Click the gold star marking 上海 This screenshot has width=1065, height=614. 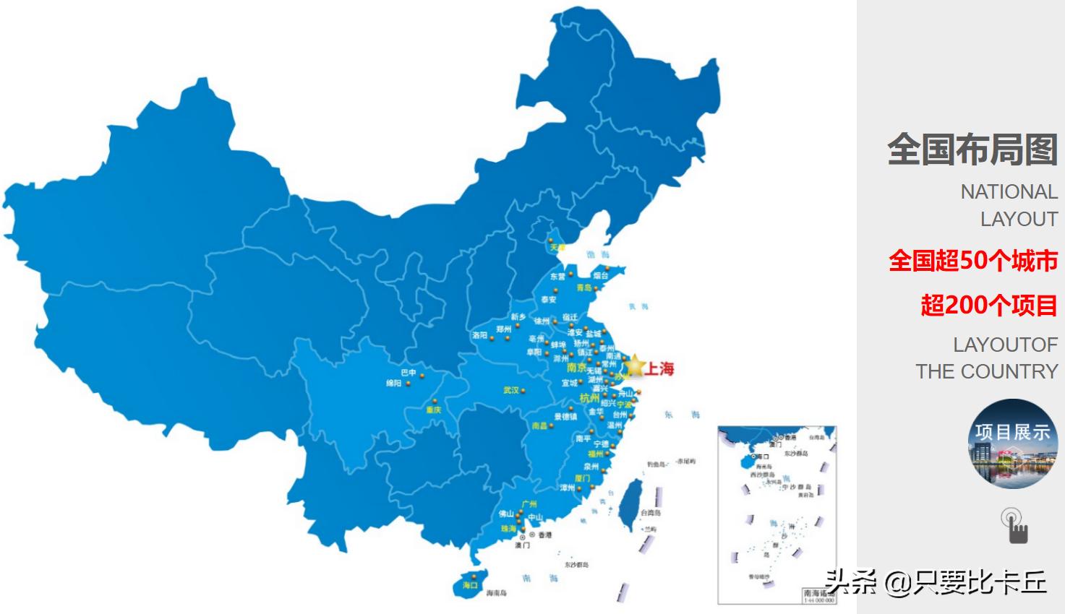coord(634,366)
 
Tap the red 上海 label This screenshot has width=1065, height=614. coord(659,369)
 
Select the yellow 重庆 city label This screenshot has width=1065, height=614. coord(434,410)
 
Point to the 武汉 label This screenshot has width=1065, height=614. coord(511,390)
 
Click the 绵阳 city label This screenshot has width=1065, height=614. coord(393,384)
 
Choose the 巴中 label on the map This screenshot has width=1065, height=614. coord(409,373)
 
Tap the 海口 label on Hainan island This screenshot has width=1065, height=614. coord(470,585)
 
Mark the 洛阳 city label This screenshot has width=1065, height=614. coord(480,335)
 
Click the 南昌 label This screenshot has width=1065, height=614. coord(540,425)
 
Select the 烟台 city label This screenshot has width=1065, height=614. coord(600,275)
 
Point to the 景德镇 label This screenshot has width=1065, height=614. coord(565,416)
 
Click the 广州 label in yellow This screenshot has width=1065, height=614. coord(529,503)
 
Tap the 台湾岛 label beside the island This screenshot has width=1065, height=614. coord(651,512)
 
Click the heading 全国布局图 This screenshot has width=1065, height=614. coord(972,150)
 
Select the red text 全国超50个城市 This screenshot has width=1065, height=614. coord(972,261)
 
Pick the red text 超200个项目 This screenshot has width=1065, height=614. coord(988,306)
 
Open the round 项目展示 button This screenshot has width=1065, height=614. coord(1012,443)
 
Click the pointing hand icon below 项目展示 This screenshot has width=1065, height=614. coord(1015,526)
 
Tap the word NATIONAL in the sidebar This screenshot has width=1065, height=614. coord(1009,192)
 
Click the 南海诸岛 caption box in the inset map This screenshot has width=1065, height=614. coord(818,595)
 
